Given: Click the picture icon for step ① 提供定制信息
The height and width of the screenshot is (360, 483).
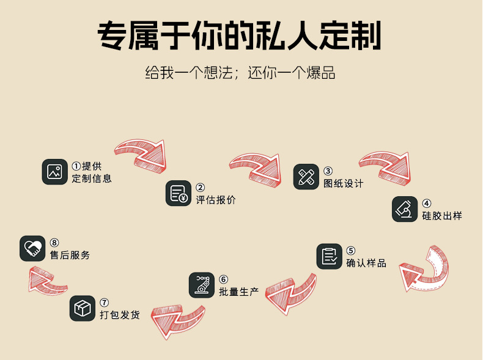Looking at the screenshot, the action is pyautogui.click(x=54, y=172).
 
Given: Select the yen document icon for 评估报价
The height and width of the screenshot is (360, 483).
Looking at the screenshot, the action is pyautogui.click(x=179, y=193).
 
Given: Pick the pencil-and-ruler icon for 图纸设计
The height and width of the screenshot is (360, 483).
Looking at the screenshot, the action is pyautogui.click(x=306, y=177).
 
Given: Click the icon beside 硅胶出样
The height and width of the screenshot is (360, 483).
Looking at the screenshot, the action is pyautogui.click(x=405, y=209).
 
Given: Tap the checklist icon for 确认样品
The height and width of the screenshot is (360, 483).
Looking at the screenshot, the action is pyautogui.click(x=330, y=256).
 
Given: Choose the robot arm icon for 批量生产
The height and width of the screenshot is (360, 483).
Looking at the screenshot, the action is pyautogui.click(x=202, y=285).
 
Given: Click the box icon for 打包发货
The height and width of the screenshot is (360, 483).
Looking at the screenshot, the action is pyautogui.click(x=82, y=309).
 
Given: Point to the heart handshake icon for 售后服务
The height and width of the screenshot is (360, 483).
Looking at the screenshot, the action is pyautogui.click(x=32, y=248).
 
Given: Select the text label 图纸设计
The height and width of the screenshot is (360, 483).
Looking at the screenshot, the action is pyautogui.click(x=343, y=183).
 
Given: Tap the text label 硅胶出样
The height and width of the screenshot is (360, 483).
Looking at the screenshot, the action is pyautogui.click(x=441, y=216).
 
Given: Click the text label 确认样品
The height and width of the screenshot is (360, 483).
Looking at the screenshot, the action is pyautogui.click(x=366, y=263).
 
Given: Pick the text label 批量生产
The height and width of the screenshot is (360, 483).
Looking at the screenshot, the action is pyautogui.click(x=239, y=292).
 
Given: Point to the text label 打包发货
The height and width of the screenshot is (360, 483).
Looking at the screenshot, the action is pyautogui.click(x=120, y=315).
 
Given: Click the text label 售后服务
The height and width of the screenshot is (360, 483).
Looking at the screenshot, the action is pyautogui.click(x=70, y=255).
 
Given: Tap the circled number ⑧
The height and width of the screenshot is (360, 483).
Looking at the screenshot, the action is pyautogui.click(x=54, y=243).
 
